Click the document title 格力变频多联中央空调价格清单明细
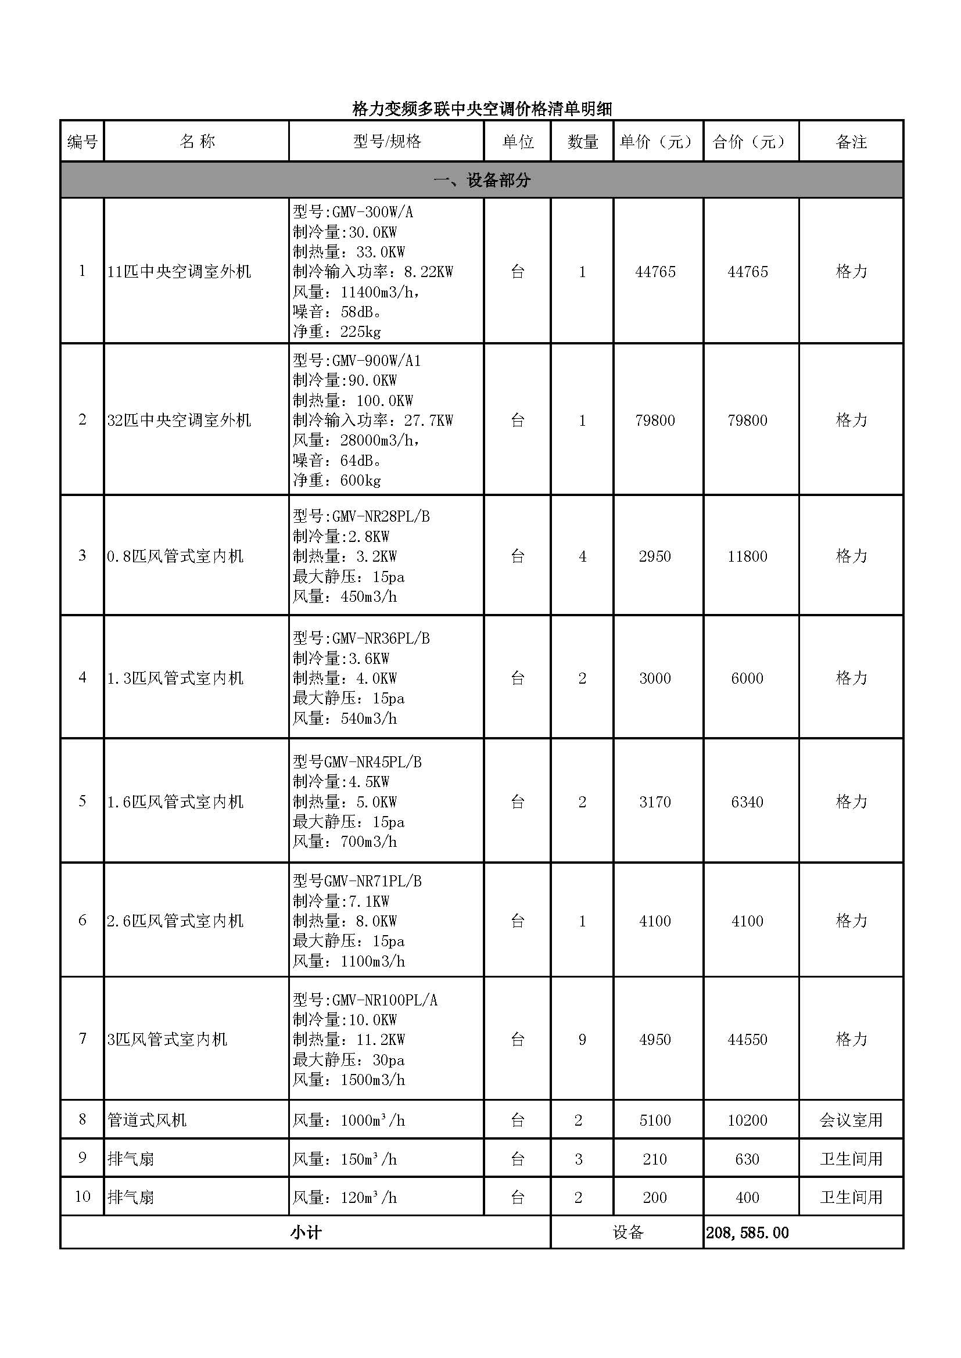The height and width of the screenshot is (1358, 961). tap(482, 109)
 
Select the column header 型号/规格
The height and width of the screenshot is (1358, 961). tap(387, 141)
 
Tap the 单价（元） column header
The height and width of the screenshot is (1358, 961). tap(658, 142)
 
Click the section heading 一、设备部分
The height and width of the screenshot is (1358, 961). tap(482, 181)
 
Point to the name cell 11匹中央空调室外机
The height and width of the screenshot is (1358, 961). tap(179, 272)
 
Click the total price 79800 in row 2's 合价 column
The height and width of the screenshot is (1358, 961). tap(747, 421)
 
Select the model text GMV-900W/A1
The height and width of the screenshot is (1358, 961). tap(376, 361)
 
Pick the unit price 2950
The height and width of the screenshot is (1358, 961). tap(654, 556)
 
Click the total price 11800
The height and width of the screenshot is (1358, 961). tap(747, 556)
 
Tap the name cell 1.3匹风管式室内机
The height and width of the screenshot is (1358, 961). tap(175, 678)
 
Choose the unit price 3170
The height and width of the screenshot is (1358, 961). tap(654, 802)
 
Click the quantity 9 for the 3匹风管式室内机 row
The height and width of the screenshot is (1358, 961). tap(582, 1039)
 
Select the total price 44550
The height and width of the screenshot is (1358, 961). tap(747, 1039)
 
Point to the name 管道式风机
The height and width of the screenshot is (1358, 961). tap(147, 1120)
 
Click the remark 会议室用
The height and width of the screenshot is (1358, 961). tap(851, 1120)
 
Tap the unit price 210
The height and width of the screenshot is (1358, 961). tap(654, 1159)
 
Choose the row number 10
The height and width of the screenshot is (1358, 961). tap(83, 1197)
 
